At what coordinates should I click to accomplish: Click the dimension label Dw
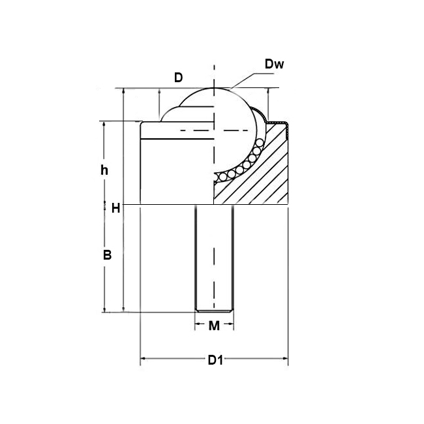click(x=274, y=64)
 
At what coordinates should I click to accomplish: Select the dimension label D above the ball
click(x=179, y=78)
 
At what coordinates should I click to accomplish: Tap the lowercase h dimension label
click(x=104, y=170)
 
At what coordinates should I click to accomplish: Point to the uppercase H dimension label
click(x=115, y=208)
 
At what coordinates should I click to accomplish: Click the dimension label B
click(x=108, y=254)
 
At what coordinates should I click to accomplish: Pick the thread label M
click(x=214, y=326)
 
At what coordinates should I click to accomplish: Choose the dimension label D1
click(x=215, y=360)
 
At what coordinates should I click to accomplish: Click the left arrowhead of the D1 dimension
click(x=144, y=359)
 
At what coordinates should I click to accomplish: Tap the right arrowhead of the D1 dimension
click(x=285, y=359)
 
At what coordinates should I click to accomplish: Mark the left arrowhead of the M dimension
click(x=198, y=324)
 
